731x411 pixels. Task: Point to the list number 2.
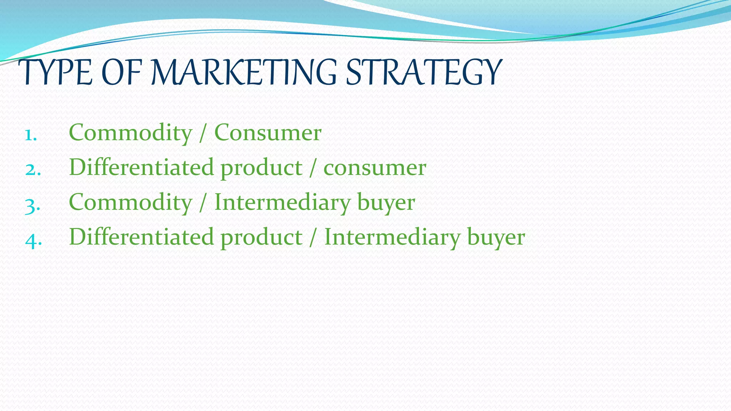[32, 170]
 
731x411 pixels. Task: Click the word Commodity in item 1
[130, 133]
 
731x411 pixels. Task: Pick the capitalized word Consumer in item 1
[268, 133]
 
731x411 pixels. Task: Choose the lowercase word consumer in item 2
[374, 168]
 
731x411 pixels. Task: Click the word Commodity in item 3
[130, 203]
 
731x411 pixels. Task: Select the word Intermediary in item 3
[282, 203]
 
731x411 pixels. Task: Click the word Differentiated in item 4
[141, 237]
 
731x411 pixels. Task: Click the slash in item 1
[203, 133]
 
